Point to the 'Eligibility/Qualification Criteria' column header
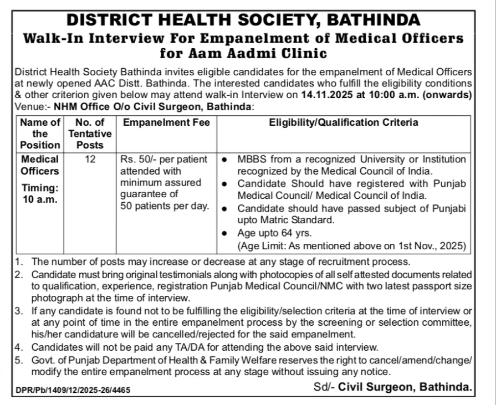pos(344,122)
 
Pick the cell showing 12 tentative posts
pos(90,160)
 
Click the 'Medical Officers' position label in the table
pos(40,165)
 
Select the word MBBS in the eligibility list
pos(252,160)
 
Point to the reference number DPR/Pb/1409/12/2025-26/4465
pos(73,390)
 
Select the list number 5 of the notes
pos(19,360)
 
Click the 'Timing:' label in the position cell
pos(40,188)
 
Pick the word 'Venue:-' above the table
pos(31,106)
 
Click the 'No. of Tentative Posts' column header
pos(90,134)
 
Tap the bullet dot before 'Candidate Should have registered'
pos(224,183)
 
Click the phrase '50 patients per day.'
pos(165,206)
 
